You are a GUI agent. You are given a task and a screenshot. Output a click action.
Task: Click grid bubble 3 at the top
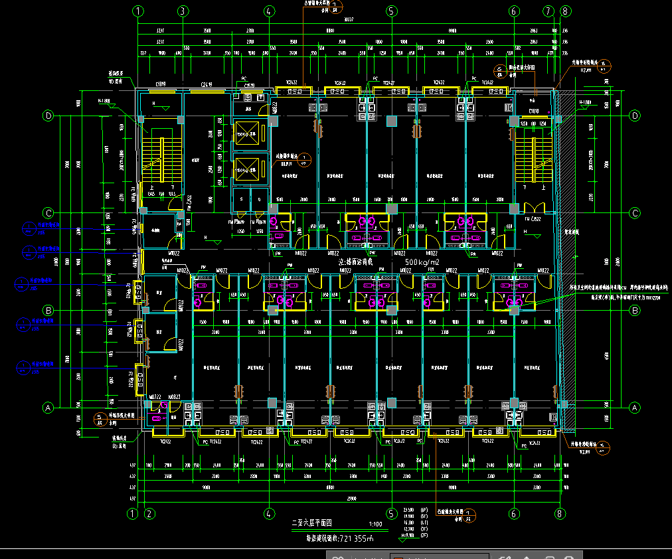(183, 11)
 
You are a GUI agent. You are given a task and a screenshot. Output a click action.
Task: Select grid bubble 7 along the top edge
(548, 11)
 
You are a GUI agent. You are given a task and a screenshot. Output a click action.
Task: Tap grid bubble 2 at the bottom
(149, 513)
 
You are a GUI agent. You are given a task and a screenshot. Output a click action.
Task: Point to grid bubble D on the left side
(48, 116)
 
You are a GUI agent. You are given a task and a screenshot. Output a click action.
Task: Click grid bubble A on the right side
(634, 407)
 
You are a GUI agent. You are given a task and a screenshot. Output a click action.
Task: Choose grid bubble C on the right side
(634, 212)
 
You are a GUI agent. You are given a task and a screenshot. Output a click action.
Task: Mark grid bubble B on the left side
(48, 310)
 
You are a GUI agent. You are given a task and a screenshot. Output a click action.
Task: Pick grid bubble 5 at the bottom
(391, 513)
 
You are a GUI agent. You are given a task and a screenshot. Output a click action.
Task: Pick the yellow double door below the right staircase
(533, 208)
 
